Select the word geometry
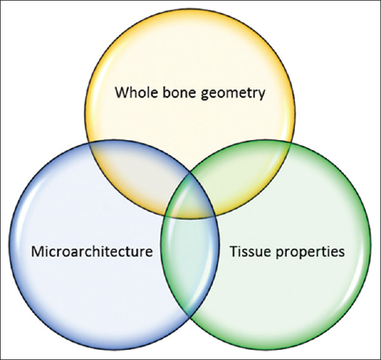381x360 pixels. pyautogui.click(x=233, y=94)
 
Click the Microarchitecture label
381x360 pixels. pyautogui.click(x=92, y=251)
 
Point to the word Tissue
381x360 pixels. pyautogui.click(x=250, y=251)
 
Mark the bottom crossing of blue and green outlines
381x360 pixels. pyautogui.click(x=190, y=316)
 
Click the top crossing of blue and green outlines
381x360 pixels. pyautogui.click(x=190, y=173)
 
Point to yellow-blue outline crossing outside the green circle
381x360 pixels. pyautogui.click(x=89, y=144)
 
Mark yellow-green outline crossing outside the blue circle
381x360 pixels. pyautogui.click(x=291, y=143)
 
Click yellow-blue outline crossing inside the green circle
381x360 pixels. pyautogui.click(x=215, y=216)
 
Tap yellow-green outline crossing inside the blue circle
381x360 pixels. pyautogui.click(x=165, y=216)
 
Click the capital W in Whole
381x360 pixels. pyautogui.click(x=122, y=93)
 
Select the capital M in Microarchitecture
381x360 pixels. pyautogui.click(x=36, y=252)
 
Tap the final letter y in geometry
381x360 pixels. pyautogui.click(x=262, y=95)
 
